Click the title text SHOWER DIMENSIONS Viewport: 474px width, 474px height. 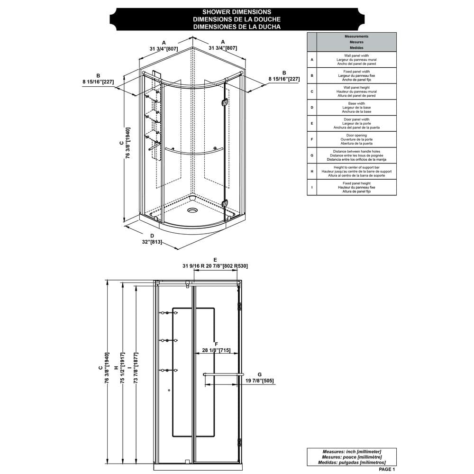[237, 12]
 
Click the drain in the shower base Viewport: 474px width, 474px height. [192, 210]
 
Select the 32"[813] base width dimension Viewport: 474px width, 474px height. [152, 242]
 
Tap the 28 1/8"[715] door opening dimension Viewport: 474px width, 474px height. [216, 350]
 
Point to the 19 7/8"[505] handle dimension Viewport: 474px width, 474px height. [259, 381]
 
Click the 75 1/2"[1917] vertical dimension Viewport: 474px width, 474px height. [122, 368]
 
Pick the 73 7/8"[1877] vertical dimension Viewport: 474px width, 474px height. [136, 368]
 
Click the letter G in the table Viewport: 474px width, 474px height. [312, 155]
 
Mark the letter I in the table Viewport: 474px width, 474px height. [312, 187]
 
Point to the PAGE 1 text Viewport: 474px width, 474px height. [387, 469]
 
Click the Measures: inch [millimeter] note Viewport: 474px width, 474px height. [352, 452]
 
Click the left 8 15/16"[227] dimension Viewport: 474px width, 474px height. [98, 82]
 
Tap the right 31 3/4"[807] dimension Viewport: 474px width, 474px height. [223, 48]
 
